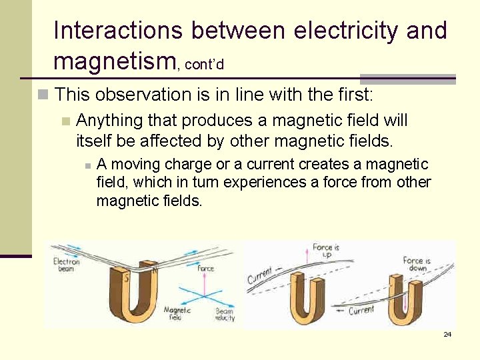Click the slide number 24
(447, 334)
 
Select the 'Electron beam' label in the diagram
(66, 265)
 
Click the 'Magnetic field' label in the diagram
(177, 314)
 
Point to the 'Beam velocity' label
(224, 314)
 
